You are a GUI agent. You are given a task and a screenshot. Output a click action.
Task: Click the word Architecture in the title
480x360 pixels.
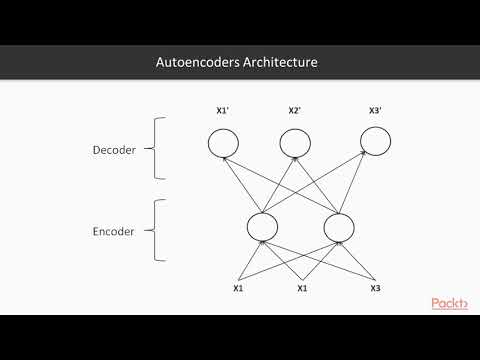tap(283, 62)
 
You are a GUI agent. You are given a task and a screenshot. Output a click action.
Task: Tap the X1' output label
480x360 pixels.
tap(223, 111)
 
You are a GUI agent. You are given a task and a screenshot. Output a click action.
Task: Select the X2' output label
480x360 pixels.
tap(295, 111)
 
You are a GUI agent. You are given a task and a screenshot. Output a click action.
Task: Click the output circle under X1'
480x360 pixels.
tap(224, 146)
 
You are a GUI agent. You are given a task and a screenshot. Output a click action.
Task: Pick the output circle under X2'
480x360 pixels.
tap(295, 146)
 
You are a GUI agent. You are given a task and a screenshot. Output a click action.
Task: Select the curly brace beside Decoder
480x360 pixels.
tap(158, 149)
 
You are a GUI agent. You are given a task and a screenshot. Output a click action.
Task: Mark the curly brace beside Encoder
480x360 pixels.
tap(158, 229)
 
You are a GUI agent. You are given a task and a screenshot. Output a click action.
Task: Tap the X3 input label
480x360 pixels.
tap(375, 289)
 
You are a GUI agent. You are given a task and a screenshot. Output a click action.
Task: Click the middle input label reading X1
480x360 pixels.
tap(302, 289)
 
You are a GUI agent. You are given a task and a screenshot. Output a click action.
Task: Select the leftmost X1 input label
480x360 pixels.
tap(238, 289)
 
